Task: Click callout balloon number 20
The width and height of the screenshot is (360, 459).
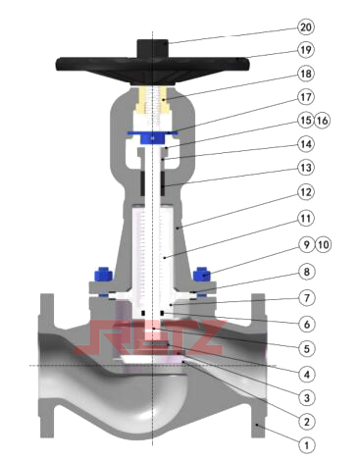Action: click(306, 26)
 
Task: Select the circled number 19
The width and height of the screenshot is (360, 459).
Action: click(306, 50)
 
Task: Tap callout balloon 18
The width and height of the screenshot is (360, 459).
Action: click(306, 74)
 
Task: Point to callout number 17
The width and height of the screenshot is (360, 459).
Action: click(306, 97)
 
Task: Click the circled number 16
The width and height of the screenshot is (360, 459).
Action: click(322, 121)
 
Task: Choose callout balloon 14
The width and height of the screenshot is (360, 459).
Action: click(306, 144)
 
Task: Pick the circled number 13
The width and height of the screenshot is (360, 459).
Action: click(306, 168)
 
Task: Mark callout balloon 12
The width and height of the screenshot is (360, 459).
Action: click(306, 192)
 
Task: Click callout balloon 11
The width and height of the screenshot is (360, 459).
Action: click(306, 218)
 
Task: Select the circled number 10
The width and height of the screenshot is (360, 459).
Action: click(323, 244)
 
